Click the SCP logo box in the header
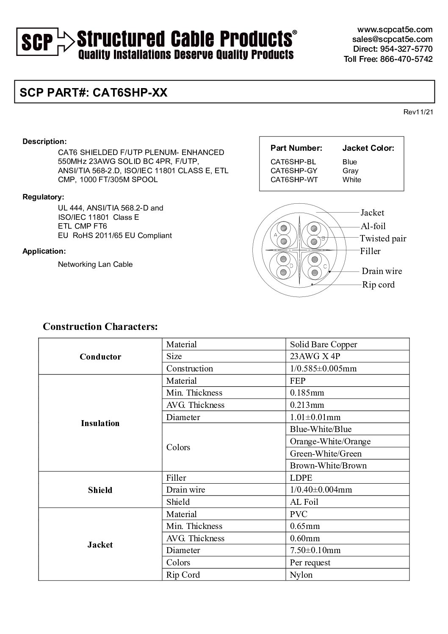(37, 42)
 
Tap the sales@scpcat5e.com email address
(392, 39)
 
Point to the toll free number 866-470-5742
(388, 59)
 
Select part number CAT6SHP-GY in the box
(293, 171)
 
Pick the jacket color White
(351, 180)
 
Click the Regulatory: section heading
(43, 197)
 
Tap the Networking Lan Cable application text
(95, 264)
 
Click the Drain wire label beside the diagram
(382, 271)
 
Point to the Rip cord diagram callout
(378, 285)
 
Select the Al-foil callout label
(373, 226)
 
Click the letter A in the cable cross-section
(276, 234)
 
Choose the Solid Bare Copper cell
(324, 344)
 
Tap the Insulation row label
(100, 423)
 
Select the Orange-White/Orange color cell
(330, 441)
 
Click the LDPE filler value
(301, 478)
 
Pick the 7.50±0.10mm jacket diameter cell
(315, 550)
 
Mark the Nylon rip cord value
(301, 575)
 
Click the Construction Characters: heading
(100, 327)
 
